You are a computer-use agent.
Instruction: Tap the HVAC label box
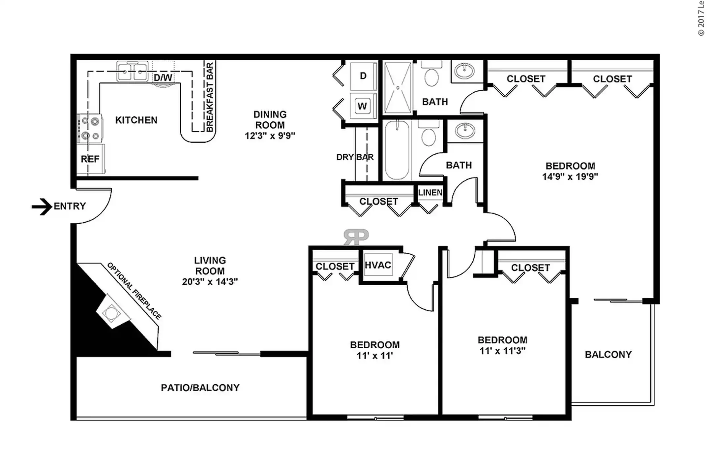378,265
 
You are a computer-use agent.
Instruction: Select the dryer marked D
363,76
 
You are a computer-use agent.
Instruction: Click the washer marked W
362,106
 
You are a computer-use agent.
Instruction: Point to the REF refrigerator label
90,159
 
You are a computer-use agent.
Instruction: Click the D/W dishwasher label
163,78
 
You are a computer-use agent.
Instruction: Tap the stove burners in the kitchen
90,129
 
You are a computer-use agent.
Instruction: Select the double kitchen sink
132,71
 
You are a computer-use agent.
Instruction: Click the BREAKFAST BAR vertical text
210,98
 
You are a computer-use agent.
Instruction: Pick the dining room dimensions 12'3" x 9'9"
270,136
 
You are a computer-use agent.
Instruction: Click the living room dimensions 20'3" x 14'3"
210,282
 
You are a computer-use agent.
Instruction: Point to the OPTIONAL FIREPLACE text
134,291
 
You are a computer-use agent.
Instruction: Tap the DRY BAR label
355,157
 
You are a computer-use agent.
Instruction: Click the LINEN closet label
430,193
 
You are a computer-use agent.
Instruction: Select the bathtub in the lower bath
397,150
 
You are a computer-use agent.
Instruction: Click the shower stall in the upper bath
398,88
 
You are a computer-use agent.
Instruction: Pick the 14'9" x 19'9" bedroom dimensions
570,177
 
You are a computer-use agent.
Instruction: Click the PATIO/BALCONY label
200,388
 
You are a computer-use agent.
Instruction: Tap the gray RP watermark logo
356,237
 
